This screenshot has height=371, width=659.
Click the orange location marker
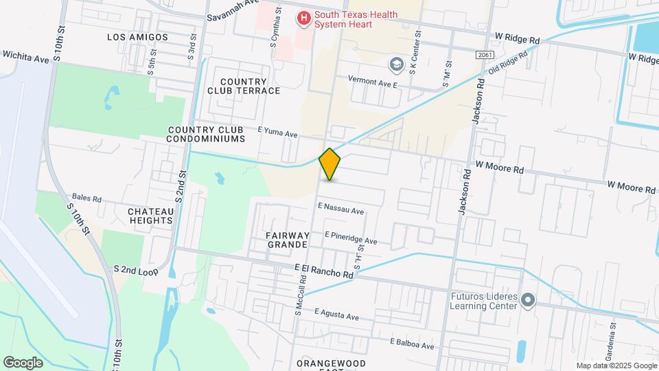click(x=330, y=164)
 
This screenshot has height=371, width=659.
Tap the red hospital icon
click(x=302, y=18)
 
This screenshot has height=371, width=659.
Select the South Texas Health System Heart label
click(x=343, y=19)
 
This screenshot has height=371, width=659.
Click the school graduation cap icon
click(x=396, y=65)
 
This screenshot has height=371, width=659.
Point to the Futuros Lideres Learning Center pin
click(x=528, y=301)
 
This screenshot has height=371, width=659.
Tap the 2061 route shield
click(x=484, y=54)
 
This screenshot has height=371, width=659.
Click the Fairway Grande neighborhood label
click(x=288, y=239)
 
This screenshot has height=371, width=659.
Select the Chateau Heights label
click(x=150, y=215)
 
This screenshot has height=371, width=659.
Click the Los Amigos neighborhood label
click(x=138, y=36)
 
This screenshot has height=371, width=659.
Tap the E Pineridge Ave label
click(x=351, y=238)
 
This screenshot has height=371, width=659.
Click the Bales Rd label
click(x=86, y=199)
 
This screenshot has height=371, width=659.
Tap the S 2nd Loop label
click(x=136, y=270)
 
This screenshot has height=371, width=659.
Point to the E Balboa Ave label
click(x=412, y=344)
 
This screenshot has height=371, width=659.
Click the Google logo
click(x=23, y=362)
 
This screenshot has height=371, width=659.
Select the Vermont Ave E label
click(x=373, y=82)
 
